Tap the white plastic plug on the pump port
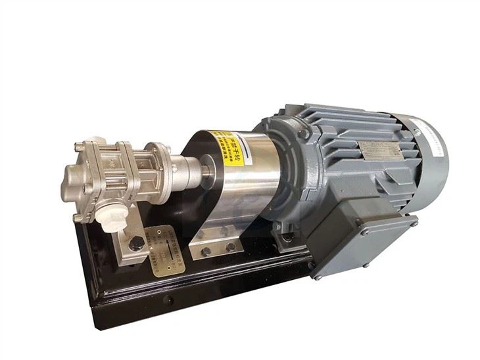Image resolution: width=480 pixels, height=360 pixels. pyautogui.click(x=112, y=217)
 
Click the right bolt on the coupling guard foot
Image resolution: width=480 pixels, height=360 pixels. pyautogui.click(x=230, y=247)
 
